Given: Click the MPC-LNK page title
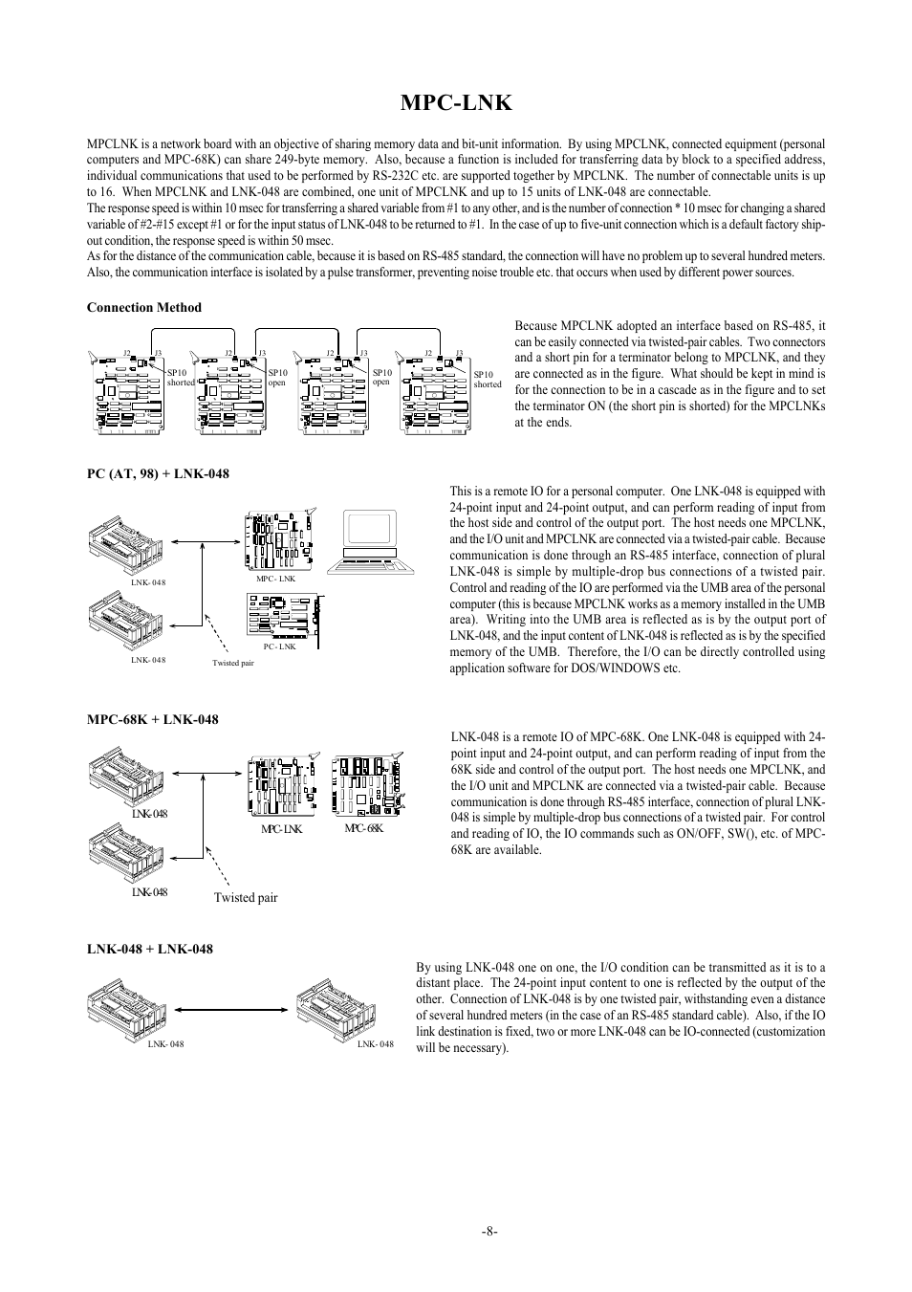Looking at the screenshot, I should coord(456,103).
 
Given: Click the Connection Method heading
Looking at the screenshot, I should coord(144,307).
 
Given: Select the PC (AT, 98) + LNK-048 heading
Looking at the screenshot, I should coord(158,473).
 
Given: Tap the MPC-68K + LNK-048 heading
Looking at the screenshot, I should coord(152,719).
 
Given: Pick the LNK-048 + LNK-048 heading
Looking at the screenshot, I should coord(149,949).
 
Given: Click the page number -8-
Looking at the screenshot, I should coord(490,1232).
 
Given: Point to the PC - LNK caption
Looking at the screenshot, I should coord(280,646).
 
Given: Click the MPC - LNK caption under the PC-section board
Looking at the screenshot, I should coord(275,579).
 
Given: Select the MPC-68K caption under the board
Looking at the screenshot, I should coord(363,828).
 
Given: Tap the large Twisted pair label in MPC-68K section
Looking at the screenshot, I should coord(246,898).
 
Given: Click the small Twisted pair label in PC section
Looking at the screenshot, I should coord(233,663).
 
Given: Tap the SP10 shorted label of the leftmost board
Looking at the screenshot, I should coord(181,378).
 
